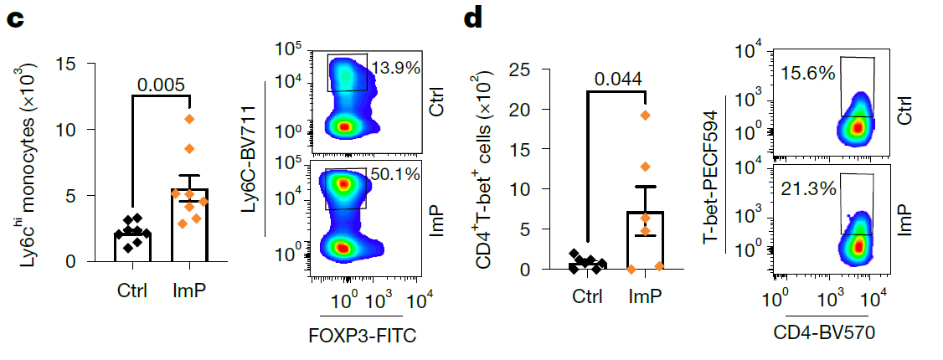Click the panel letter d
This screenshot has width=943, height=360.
pos(473,18)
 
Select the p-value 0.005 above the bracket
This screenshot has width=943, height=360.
pos(162,85)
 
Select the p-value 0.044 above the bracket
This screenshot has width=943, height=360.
pos(618,79)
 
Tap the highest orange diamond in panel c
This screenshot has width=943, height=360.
pos(189,119)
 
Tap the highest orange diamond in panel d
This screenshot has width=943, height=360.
pos(645,116)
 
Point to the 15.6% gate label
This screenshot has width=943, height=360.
pos(808,73)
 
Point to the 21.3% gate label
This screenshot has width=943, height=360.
pos(808,188)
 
